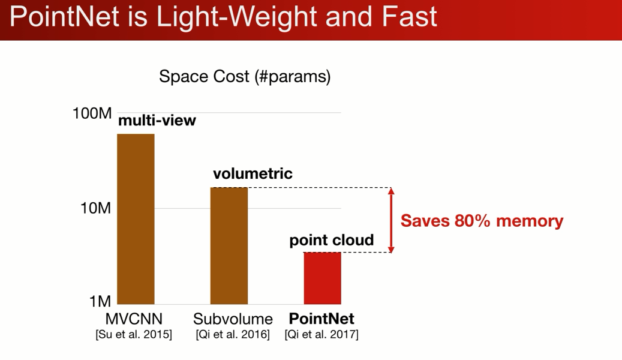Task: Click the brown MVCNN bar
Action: coord(136,219)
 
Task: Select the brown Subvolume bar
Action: coord(229,245)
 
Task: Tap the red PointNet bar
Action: coord(323,278)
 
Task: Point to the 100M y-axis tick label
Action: coord(92,113)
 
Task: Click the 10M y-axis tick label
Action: coord(95,208)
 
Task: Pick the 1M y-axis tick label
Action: coord(100,302)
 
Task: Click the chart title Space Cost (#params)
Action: coord(245,76)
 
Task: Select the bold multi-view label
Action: coord(157,120)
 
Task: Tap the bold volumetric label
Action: coord(253,173)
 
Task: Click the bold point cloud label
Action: coord(332,240)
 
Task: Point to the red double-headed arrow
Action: coord(391,220)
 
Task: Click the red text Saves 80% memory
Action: coord(482,221)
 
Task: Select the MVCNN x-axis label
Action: coord(134,319)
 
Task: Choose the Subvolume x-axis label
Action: coord(233,319)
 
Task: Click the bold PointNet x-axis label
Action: coord(321,319)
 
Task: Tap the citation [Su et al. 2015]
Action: coord(134,334)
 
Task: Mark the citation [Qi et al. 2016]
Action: coord(233,334)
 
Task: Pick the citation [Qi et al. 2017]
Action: coord(321,334)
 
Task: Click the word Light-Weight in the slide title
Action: coord(237,17)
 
